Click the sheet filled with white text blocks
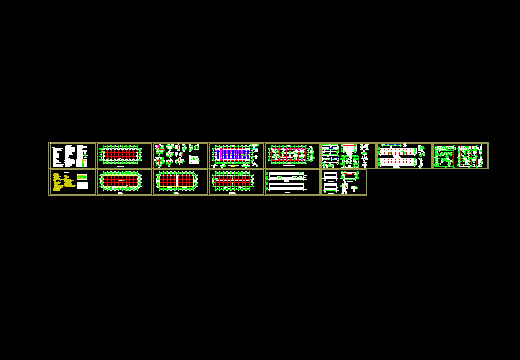(71, 156)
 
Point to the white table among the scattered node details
(194, 159)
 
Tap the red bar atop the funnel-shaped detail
(363, 147)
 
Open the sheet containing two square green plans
(459, 156)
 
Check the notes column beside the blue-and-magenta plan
(258, 155)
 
